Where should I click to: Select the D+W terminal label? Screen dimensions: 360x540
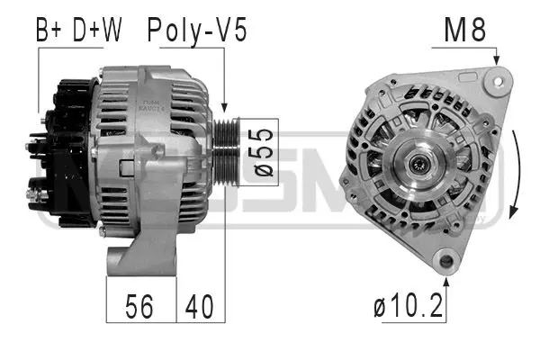pyautogui.click(x=97, y=31)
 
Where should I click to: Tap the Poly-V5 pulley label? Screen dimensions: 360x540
pyautogui.click(x=197, y=31)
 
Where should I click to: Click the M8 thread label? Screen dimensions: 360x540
pyautogui.click(x=465, y=31)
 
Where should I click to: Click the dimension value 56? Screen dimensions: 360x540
pyautogui.click(x=140, y=307)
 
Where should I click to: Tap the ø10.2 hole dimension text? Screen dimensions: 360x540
pyautogui.click(x=409, y=307)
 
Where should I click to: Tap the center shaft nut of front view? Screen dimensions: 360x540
pyautogui.click(x=420, y=164)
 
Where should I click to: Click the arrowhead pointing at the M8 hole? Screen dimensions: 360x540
pyautogui.click(x=494, y=60)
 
